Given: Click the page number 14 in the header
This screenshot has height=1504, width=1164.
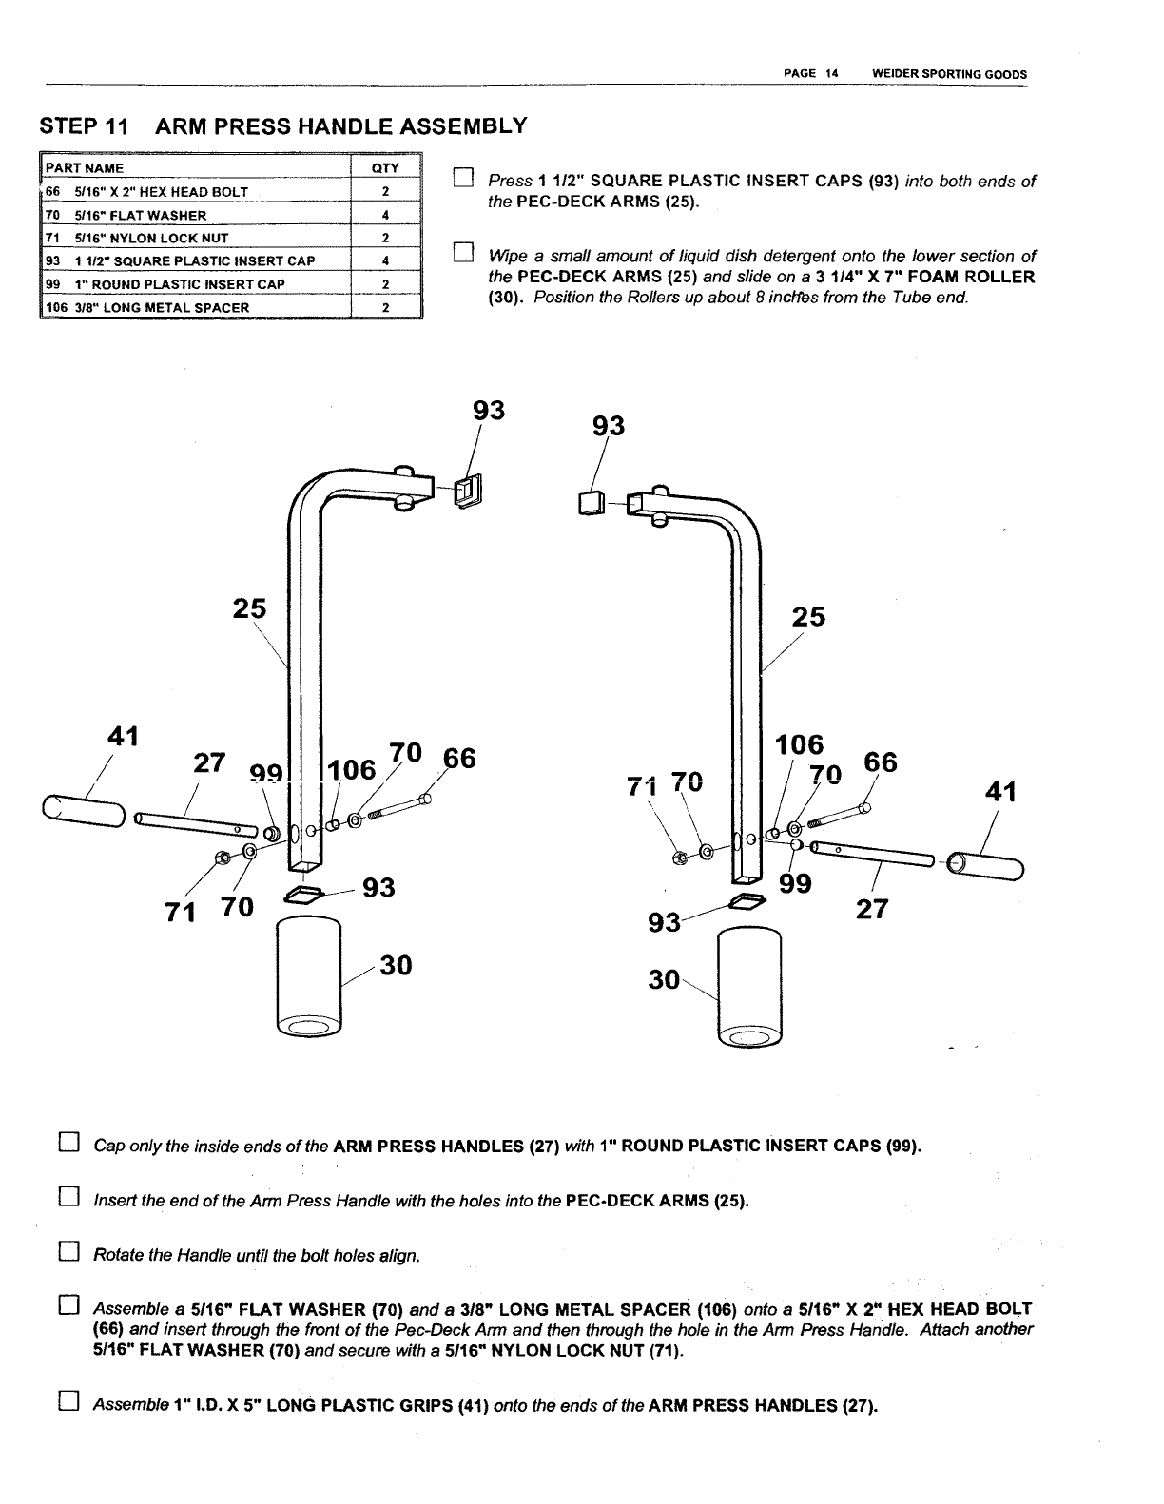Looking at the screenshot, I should [x=830, y=74].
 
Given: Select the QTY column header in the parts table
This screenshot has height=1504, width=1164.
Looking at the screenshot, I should [x=385, y=168].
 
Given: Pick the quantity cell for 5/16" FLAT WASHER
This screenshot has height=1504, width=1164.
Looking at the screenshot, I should [x=385, y=215].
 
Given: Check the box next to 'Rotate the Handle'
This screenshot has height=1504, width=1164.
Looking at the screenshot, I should [x=67, y=1255].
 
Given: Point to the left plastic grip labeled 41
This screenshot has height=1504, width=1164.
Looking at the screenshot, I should [x=83, y=813].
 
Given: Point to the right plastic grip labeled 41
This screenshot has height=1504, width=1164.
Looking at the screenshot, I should [x=988, y=865].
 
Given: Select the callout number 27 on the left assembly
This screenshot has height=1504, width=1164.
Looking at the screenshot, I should [x=209, y=763].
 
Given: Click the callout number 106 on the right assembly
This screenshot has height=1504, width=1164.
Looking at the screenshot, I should [x=800, y=744].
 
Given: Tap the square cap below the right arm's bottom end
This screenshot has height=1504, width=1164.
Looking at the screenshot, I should [x=747, y=900].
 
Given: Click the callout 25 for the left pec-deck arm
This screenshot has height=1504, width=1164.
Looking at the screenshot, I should [x=249, y=608].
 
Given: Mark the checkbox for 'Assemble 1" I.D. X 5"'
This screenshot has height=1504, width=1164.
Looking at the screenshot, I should [x=67, y=1403].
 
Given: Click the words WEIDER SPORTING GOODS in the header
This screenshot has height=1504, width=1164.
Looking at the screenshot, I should [x=942, y=74].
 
